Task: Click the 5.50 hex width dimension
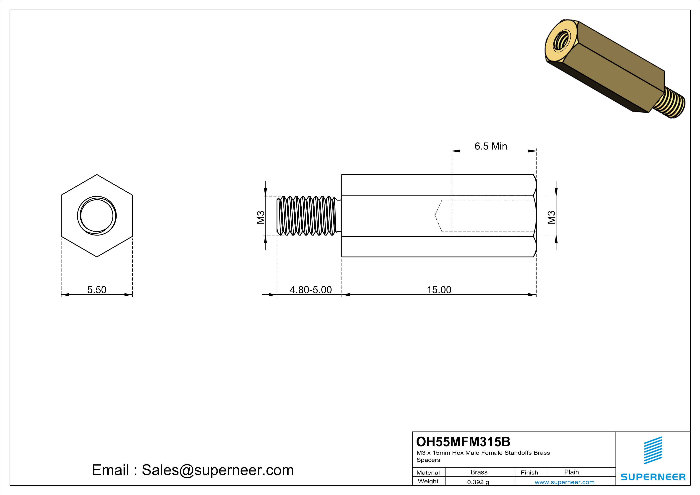click(97, 290)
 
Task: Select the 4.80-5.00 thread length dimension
click(310, 290)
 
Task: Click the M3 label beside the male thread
click(260, 217)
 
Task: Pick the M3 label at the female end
click(551, 217)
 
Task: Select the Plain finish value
click(571, 472)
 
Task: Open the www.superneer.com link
click(564, 482)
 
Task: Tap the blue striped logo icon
click(653, 450)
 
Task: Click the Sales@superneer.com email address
click(218, 470)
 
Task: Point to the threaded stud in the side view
click(308, 216)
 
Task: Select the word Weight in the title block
click(428, 481)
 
